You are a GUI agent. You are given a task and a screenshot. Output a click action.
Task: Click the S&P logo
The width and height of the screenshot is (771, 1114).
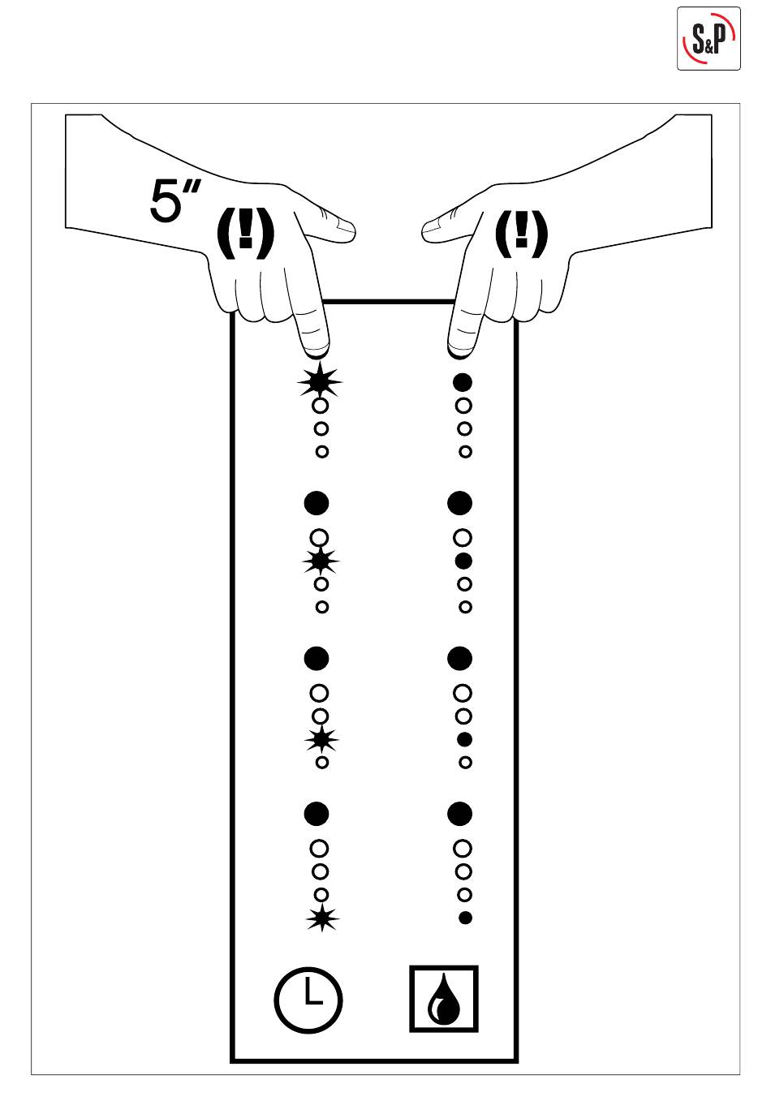(x=709, y=38)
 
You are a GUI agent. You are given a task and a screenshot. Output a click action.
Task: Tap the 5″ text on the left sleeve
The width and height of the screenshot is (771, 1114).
(x=174, y=200)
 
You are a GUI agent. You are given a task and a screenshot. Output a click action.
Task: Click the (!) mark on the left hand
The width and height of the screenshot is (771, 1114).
(x=247, y=233)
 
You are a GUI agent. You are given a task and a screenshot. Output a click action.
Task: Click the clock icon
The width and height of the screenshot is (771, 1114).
(x=308, y=999)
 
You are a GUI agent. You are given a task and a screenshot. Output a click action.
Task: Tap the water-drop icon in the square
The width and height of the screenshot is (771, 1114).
(x=443, y=999)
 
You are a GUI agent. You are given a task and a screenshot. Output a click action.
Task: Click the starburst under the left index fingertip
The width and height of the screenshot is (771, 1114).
(x=320, y=381)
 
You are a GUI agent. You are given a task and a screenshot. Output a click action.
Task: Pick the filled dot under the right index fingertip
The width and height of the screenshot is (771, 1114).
(x=463, y=381)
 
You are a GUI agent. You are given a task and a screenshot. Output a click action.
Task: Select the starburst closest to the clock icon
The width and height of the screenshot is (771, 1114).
(x=322, y=918)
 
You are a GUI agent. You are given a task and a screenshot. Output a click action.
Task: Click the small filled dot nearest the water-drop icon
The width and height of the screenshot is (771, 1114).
(x=465, y=918)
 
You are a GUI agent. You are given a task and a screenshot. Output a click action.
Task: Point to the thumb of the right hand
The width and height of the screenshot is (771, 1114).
(x=442, y=229)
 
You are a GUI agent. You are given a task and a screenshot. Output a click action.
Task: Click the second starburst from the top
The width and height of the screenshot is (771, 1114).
(x=321, y=561)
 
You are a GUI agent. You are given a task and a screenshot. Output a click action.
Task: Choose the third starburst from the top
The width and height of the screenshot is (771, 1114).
(x=321, y=739)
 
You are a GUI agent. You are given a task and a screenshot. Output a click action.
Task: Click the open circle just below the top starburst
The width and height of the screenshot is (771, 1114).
(x=321, y=405)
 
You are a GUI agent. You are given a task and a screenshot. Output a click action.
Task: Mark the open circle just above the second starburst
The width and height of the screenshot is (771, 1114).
(x=320, y=537)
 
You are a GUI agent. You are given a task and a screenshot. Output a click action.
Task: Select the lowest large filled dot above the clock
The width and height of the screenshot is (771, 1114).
(x=317, y=813)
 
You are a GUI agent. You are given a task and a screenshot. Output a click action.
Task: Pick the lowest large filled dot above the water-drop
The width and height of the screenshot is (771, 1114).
(x=459, y=813)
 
